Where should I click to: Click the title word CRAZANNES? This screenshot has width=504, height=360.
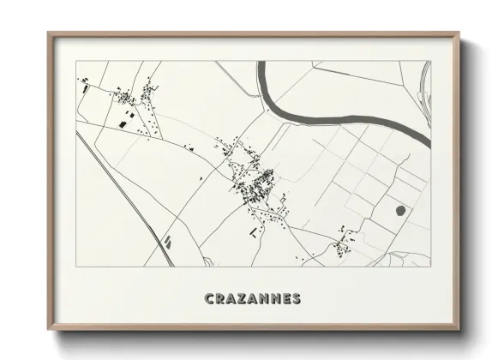tap(252, 299)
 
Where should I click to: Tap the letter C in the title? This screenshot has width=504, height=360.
tap(209, 299)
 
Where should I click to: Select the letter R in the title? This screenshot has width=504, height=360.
tap(219, 299)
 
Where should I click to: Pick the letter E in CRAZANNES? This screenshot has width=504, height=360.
tap(285, 299)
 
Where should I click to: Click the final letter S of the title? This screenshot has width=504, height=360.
tap(295, 299)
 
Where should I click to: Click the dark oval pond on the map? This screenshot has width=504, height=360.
tap(400, 208)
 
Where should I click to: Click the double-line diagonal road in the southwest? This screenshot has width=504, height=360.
tap(129, 197)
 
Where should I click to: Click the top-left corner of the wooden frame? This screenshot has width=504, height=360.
tap(48, 33)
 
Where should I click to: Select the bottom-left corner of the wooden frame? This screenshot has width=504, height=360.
tap(48, 329)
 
